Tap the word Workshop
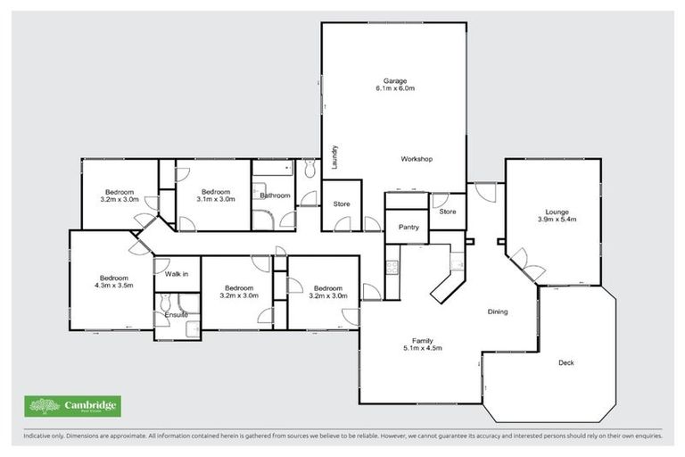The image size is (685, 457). tap(417, 159)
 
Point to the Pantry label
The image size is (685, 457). tap(409, 228)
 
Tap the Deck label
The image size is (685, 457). tap(565, 362)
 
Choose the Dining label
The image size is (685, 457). tap(497, 312)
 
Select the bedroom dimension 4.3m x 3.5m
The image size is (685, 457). tap(113, 285)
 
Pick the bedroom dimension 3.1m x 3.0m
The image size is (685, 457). tap(215, 200)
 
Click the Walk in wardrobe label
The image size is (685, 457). tap(177, 275)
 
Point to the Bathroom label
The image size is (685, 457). tap(276, 195)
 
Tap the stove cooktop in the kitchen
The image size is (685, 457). tap(391, 265)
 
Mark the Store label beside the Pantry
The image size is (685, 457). tap(448, 212)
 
